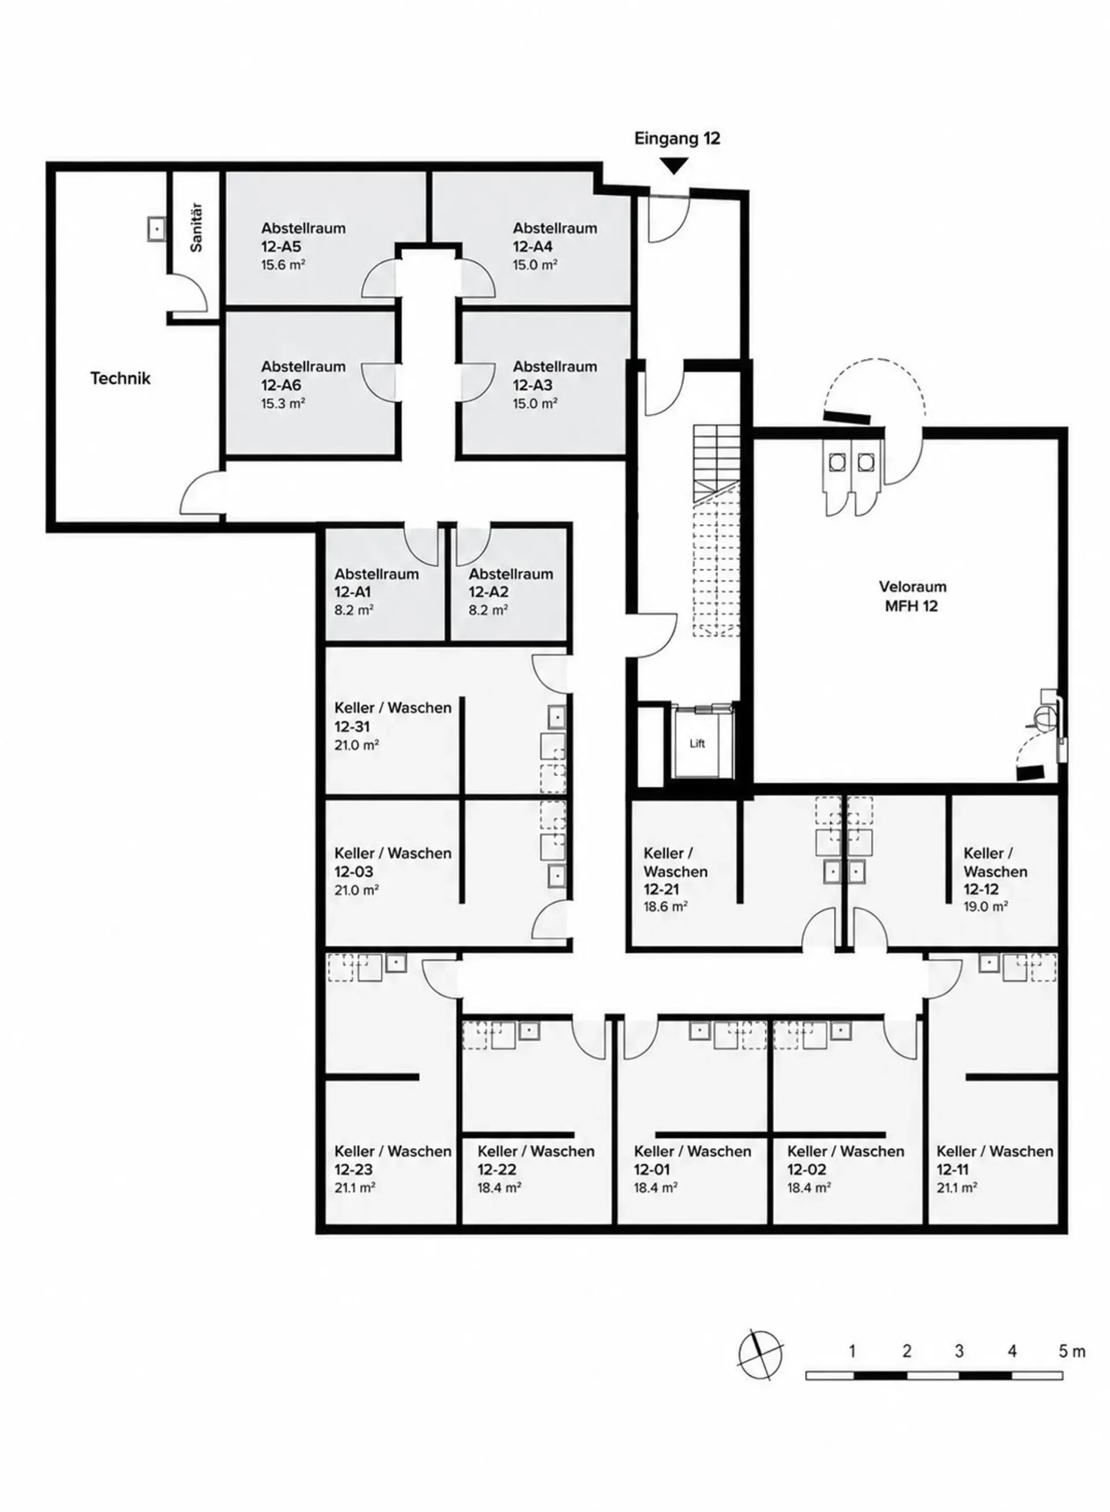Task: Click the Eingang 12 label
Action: click(678, 138)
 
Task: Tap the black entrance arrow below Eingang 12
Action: click(675, 165)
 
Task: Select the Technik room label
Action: click(120, 378)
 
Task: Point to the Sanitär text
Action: click(196, 228)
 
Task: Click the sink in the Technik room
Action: click(157, 229)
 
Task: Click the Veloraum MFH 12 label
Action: click(912, 596)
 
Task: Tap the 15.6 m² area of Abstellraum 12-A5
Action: click(283, 265)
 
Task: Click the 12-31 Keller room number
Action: click(352, 727)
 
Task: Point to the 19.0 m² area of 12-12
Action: click(986, 906)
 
